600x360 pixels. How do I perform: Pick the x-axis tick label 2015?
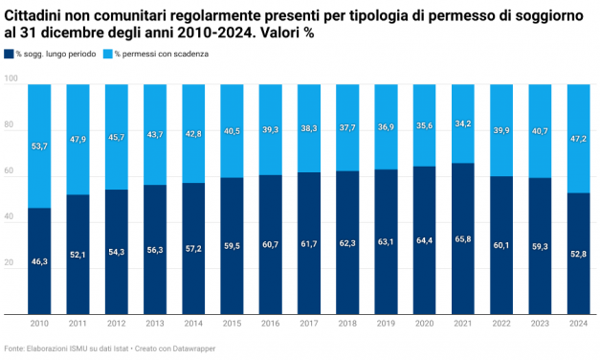point(232,325)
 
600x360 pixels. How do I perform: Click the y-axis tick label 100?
point(11,84)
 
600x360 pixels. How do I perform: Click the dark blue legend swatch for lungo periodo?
point(9,55)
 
